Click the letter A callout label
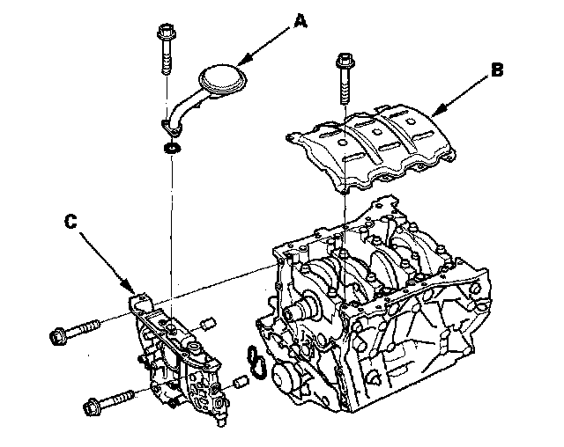point(301,21)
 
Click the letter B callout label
point(497,70)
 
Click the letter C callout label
point(70,221)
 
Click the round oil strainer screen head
point(222,80)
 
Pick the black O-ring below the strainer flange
point(173,147)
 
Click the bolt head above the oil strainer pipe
point(167,32)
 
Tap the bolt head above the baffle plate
point(345,61)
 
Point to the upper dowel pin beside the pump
point(208,323)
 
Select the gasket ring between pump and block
point(256,363)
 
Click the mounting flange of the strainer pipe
point(171,128)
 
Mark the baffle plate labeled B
point(370,145)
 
